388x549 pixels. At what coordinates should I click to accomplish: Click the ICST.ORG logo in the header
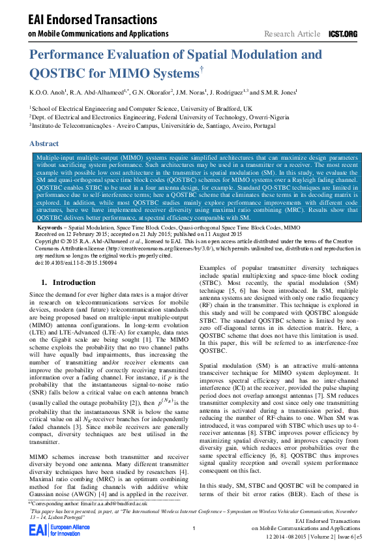pos(343,33)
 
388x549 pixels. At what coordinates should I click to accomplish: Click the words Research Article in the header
pos(292,33)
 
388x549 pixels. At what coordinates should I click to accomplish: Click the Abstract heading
pos(44,143)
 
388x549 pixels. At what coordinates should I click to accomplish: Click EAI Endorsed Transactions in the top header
pos(80,20)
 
